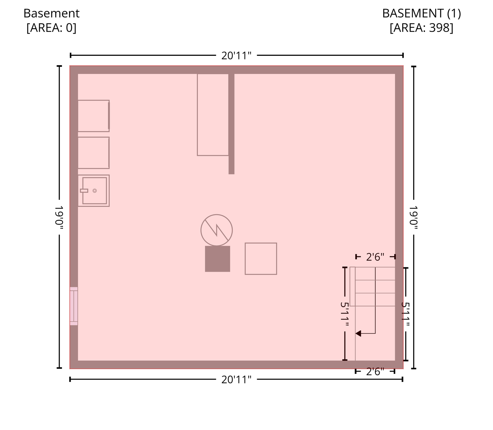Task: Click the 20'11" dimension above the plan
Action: point(236,56)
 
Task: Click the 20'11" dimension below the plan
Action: point(236,380)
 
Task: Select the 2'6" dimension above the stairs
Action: point(375,257)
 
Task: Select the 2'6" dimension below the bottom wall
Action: point(375,371)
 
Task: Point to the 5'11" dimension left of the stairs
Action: point(345,314)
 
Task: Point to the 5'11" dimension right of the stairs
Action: point(406,314)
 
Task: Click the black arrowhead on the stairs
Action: point(358,333)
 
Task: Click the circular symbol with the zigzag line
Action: point(216,215)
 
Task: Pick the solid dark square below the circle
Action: point(217,259)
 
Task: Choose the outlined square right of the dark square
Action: point(261,243)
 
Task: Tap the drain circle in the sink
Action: point(95,191)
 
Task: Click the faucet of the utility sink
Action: point(84,191)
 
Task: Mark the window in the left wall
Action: point(74,306)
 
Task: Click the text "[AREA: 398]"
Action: point(421,28)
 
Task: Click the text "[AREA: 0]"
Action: point(51,28)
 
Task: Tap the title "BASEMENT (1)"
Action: point(421,13)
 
